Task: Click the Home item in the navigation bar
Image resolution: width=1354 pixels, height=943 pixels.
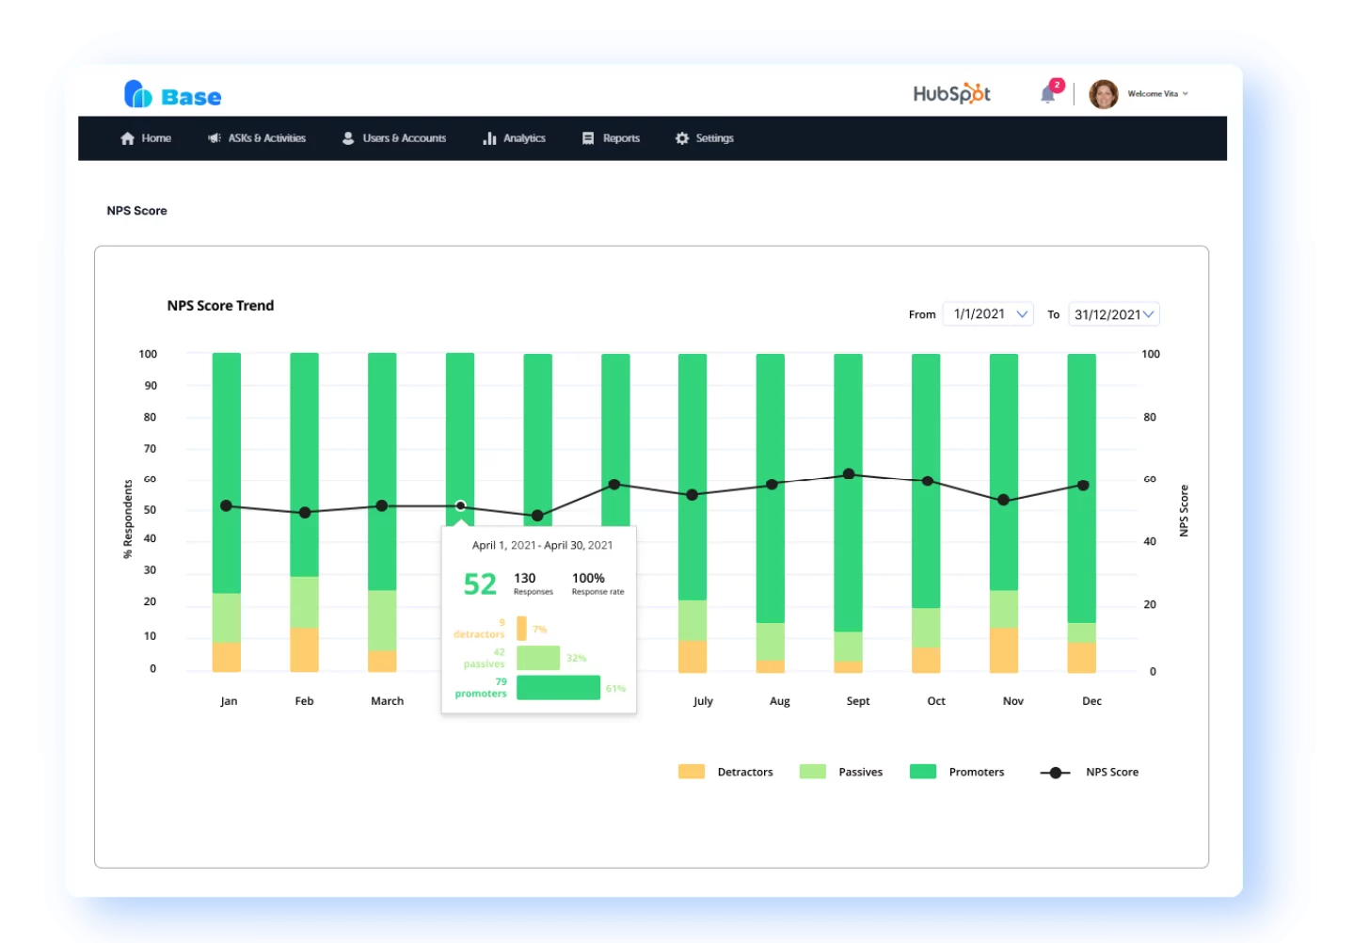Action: click(x=146, y=138)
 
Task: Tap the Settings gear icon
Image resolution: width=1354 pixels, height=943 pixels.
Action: click(x=682, y=138)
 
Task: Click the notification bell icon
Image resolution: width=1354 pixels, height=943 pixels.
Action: click(x=1047, y=94)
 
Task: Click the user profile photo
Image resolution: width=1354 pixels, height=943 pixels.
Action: click(x=1103, y=94)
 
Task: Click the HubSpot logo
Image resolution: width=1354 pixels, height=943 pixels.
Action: click(x=951, y=94)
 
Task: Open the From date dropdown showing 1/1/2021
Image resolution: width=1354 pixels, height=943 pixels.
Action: click(x=988, y=314)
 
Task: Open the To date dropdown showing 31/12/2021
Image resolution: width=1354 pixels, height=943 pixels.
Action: click(x=1114, y=314)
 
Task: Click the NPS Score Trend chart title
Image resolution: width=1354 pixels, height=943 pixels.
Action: click(x=220, y=306)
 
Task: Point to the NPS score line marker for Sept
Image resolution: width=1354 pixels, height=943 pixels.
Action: click(x=849, y=474)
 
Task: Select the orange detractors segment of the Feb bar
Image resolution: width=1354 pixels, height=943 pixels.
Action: click(x=304, y=649)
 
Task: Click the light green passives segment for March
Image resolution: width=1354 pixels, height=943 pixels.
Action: click(x=382, y=620)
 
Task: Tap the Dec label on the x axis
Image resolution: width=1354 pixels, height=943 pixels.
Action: click(x=1091, y=701)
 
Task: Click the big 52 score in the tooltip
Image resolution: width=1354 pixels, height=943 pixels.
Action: click(x=480, y=584)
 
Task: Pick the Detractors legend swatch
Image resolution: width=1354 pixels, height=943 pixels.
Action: click(x=692, y=772)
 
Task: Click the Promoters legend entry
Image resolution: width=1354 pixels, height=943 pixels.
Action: click(x=976, y=772)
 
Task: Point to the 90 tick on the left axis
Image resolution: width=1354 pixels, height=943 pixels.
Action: click(x=151, y=386)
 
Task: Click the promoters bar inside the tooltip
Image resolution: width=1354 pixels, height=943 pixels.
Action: click(x=558, y=688)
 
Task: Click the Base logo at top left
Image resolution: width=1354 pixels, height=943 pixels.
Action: click(x=173, y=95)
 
